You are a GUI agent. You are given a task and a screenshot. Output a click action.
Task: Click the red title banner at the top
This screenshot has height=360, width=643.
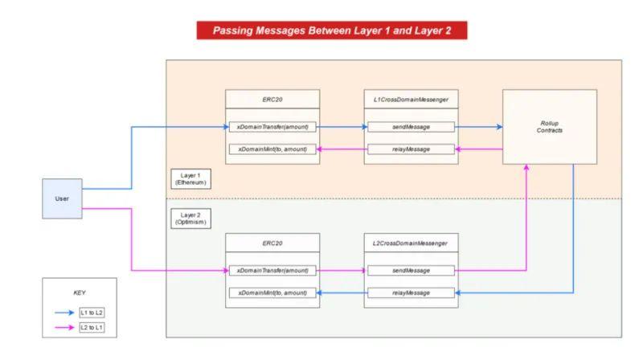(x=332, y=31)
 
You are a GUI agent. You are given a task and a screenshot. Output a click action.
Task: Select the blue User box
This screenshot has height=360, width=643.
(x=62, y=198)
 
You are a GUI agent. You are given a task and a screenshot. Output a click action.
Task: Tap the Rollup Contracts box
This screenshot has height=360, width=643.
(x=550, y=127)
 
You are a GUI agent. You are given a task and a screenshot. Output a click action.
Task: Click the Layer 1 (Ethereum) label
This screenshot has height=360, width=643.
(x=190, y=178)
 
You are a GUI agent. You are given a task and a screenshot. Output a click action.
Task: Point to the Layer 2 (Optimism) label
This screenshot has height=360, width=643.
(x=190, y=219)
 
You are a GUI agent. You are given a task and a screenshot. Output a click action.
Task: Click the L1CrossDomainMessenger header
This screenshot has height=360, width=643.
(x=411, y=99)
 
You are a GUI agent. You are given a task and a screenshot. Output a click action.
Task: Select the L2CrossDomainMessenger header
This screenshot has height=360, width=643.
(x=411, y=243)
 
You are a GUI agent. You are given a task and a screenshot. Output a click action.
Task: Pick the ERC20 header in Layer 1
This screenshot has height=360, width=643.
(x=272, y=99)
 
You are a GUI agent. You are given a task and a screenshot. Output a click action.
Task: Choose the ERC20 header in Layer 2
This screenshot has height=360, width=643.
(x=272, y=243)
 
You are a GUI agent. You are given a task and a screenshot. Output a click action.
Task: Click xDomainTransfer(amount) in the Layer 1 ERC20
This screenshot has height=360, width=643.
(x=272, y=127)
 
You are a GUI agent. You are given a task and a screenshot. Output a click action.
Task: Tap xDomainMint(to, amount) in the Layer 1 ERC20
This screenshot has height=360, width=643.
(x=272, y=149)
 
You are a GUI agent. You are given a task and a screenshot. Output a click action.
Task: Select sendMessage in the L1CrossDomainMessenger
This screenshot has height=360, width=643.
(x=411, y=127)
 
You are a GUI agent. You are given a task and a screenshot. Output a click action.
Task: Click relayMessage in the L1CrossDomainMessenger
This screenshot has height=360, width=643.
(x=411, y=149)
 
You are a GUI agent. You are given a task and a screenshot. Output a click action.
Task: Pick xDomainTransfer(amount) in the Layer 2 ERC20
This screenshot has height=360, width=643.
(x=272, y=271)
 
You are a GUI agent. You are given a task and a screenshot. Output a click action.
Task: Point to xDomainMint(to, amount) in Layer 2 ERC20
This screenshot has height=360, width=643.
(x=272, y=292)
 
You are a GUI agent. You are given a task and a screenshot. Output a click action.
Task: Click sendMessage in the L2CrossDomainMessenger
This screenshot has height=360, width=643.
(x=411, y=271)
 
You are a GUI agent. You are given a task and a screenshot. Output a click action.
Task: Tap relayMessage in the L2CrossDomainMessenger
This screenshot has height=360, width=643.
(x=411, y=292)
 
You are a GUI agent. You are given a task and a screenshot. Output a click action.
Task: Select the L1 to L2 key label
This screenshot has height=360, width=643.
(x=92, y=313)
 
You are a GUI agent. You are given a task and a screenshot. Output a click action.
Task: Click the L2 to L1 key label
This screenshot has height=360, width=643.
(x=92, y=327)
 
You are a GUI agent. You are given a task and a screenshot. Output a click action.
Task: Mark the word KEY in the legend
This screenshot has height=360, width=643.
(x=79, y=292)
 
